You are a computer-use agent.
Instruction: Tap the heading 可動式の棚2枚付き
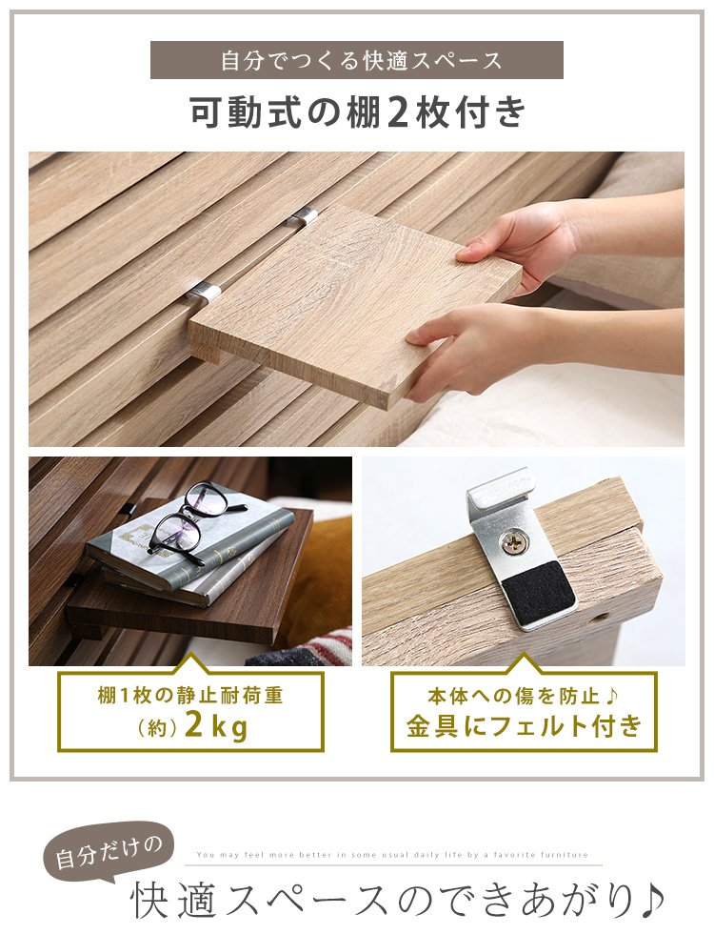click(358, 112)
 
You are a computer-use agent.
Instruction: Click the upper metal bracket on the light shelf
click(304, 217)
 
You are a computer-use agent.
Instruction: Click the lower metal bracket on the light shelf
click(204, 293)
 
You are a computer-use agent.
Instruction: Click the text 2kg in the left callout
click(216, 726)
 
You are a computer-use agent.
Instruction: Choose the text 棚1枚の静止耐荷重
click(190, 695)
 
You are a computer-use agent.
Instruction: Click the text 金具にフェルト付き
click(525, 726)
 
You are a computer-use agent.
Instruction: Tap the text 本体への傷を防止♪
click(524, 695)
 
